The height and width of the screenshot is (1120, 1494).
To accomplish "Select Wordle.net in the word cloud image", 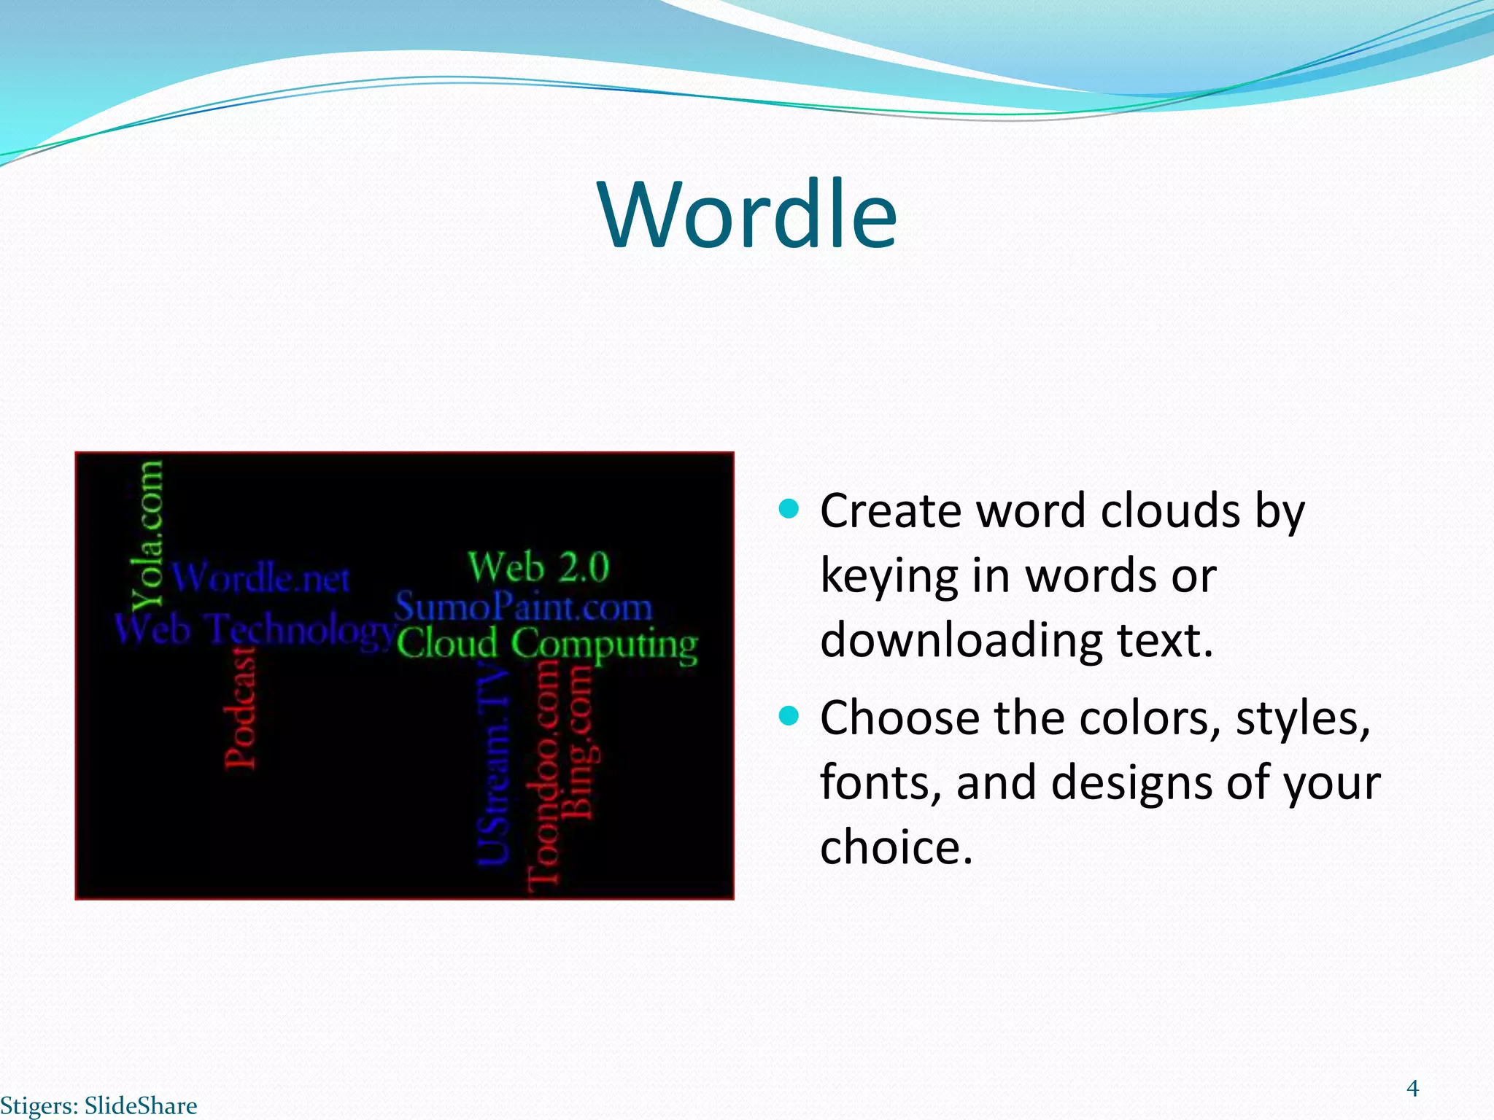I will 261,578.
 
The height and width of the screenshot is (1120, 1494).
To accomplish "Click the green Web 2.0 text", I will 538,567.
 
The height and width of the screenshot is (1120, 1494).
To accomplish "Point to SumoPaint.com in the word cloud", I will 523,607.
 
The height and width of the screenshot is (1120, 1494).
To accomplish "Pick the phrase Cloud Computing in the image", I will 547,645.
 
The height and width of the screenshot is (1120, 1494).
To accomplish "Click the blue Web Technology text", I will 255,629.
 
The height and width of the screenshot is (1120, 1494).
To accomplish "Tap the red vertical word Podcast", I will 240,707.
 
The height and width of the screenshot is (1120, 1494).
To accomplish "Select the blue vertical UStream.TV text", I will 492,766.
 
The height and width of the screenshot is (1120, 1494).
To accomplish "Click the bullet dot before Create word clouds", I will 789,508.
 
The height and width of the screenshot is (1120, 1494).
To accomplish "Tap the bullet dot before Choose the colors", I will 789,715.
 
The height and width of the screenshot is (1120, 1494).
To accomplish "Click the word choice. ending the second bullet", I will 897,847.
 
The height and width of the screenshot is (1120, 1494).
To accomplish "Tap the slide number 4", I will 1412,1089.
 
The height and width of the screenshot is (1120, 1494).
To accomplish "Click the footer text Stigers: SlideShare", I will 98,1105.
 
